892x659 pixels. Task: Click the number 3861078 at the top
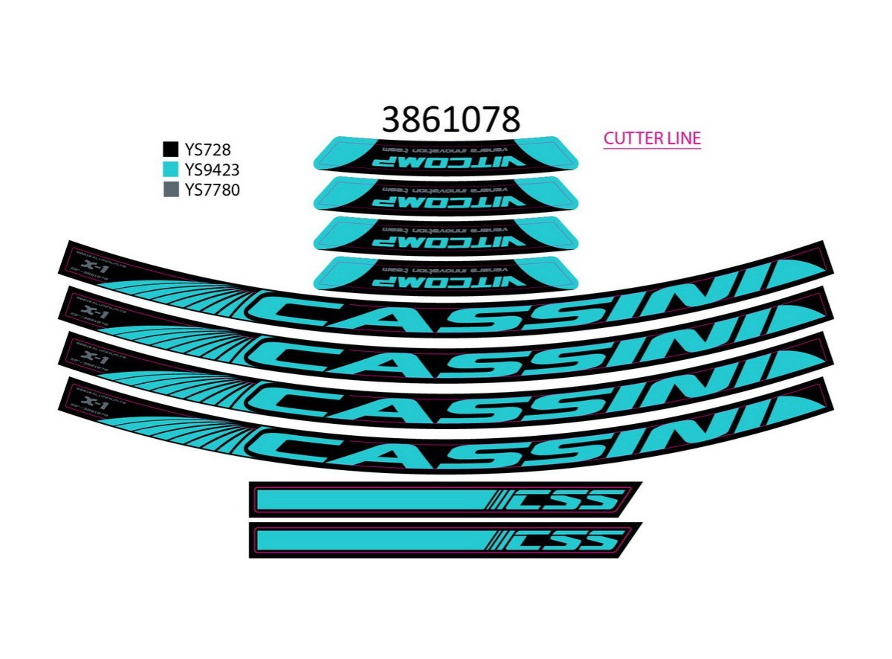pos(450,118)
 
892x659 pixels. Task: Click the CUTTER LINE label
pos(652,138)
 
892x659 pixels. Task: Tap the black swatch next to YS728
pos(170,149)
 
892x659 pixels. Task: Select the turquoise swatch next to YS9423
pos(170,170)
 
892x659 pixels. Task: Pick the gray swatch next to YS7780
pos(170,190)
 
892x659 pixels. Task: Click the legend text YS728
pos(207,150)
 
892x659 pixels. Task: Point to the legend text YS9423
pos(212,170)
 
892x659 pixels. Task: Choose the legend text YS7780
pos(212,190)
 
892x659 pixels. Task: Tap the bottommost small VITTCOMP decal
pos(446,273)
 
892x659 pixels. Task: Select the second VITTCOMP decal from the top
pos(446,194)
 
